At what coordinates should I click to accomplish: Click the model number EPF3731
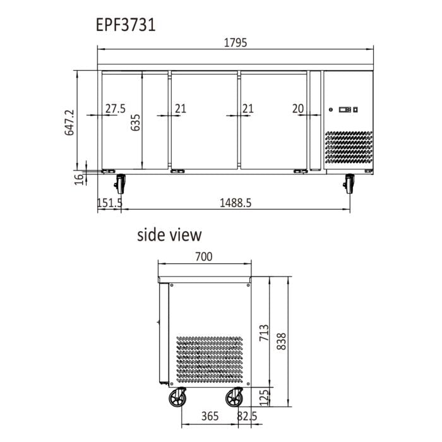click(126, 25)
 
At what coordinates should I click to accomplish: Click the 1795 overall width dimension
click(236, 43)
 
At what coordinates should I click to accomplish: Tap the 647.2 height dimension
click(70, 122)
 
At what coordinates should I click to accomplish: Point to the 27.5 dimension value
click(116, 109)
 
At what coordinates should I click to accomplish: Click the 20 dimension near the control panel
click(298, 109)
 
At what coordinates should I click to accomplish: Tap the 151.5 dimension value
click(109, 203)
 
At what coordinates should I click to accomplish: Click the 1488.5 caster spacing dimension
click(236, 203)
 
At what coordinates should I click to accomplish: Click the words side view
click(169, 235)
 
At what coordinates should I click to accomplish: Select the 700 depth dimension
click(203, 256)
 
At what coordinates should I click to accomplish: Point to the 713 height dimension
click(264, 334)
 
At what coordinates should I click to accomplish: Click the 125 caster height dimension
click(264, 397)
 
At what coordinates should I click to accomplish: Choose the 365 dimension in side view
click(210, 416)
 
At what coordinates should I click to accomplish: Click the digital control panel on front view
click(347, 109)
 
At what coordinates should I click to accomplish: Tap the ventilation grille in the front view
click(349, 150)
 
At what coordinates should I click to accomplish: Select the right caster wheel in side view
click(235, 398)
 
